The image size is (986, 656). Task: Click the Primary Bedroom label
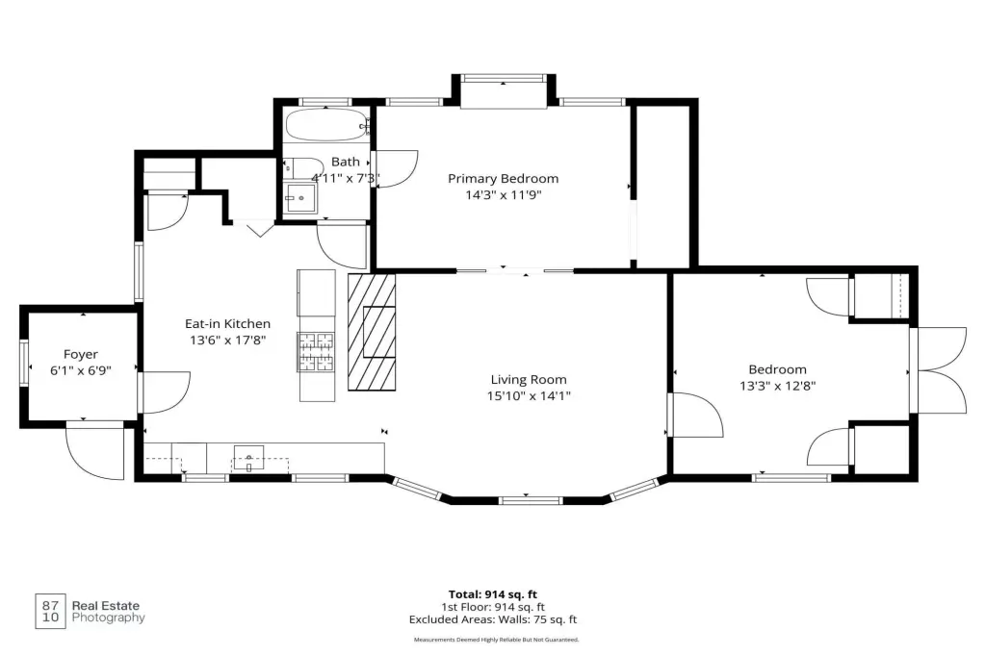[x=503, y=179]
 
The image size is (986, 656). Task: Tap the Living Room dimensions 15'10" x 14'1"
[x=529, y=396]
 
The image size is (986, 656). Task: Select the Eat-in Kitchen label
[x=227, y=323]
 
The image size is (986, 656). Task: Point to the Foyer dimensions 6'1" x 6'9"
[x=81, y=370]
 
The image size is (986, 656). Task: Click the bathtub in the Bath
[x=327, y=124]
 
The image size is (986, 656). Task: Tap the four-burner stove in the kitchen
[x=316, y=352]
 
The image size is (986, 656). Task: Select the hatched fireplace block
[x=372, y=332]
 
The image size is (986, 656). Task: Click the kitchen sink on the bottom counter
[x=249, y=458]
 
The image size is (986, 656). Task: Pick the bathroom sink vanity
[x=300, y=198]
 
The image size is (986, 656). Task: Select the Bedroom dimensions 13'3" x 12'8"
[x=777, y=386]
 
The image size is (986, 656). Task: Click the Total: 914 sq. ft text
[x=493, y=594]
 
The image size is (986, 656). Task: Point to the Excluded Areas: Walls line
[x=493, y=619]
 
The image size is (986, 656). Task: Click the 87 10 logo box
[x=50, y=612]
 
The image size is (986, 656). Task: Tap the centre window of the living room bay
[x=531, y=501]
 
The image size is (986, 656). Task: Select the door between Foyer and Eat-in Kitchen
[x=164, y=392]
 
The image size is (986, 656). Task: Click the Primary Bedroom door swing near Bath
[x=395, y=169]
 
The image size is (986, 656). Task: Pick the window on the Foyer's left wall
[x=24, y=363]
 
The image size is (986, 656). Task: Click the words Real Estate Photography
[x=108, y=612]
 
